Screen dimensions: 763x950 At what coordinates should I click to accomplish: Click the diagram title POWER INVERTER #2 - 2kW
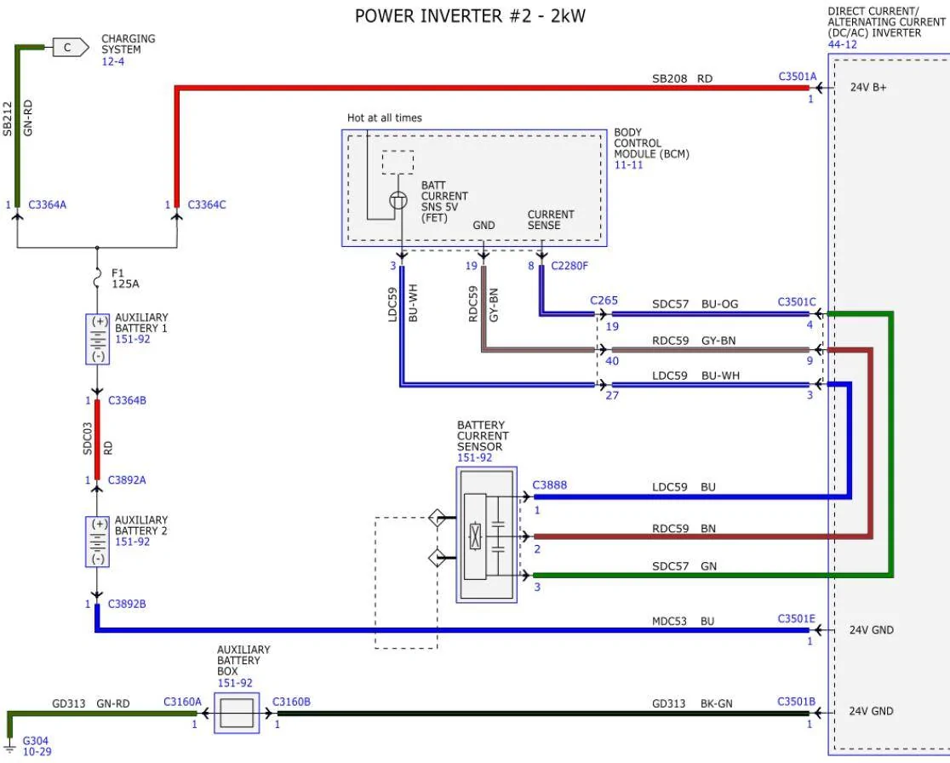coord(470,15)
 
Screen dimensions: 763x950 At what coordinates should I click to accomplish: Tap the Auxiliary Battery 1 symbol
coord(98,339)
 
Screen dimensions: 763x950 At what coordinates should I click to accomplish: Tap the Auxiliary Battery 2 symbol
coord(98,542)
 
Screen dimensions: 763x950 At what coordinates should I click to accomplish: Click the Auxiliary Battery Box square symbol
coord(236,712)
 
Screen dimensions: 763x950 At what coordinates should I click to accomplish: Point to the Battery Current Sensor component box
coord(486,535)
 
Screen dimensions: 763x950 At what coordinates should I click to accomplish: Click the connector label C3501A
coord(797,77)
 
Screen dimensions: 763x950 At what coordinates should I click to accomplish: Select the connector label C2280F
coord(569,266)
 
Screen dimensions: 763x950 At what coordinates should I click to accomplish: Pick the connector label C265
coord(604,301)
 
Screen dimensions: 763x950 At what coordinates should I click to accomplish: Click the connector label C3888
coord(549,485)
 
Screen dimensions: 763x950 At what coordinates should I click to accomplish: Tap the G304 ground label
coord(36,741)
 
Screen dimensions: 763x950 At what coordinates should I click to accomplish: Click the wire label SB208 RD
coord(682,78)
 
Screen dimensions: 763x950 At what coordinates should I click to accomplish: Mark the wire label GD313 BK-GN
coord(691,703)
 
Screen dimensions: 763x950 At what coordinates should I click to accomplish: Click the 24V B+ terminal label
coord(867,87)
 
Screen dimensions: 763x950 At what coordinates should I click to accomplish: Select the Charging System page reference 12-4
coord(112,61)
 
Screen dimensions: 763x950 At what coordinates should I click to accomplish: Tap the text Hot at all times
coord(384,118)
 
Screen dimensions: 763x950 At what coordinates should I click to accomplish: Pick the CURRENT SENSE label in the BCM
coord(550,220)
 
